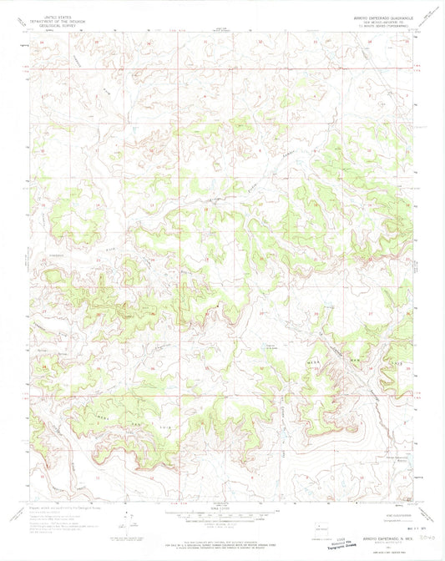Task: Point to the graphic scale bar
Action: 221,514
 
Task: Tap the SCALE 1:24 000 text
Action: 221,507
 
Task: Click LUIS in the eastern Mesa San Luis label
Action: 399,365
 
